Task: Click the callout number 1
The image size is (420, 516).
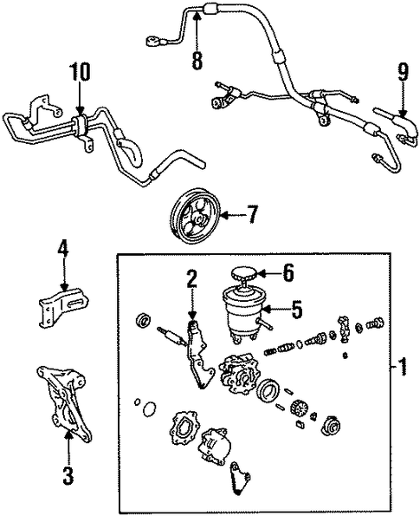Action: [402, 367]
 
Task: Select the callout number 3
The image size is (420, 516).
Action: [68, 475]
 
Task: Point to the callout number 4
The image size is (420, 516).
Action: [63, 248]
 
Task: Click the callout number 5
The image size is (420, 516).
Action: [297, 310]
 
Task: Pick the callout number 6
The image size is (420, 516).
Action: [288, 272]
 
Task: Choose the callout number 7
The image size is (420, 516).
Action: [252, 214]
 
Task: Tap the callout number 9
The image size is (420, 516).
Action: [404, 72]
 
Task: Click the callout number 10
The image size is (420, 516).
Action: [79, 72]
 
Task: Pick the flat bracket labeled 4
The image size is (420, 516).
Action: [64, 306]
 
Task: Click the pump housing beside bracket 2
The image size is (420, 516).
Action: [236, 373]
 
